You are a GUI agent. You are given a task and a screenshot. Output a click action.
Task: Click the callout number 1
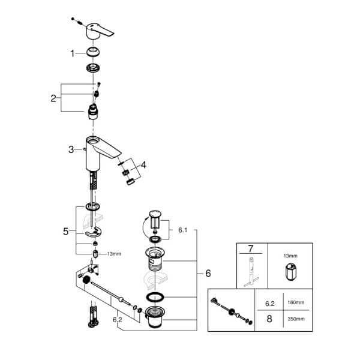pyautogui.click(x=73, y=53)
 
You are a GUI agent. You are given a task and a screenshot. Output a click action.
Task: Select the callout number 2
pyautogui.click(x=53, y=98)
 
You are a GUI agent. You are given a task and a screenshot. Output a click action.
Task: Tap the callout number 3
pyautogui.click(x=71, y=149)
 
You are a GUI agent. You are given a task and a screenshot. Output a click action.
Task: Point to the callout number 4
pyautogui.click(x=143, y=164)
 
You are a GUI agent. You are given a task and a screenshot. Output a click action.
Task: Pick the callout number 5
pyautogui.click(x=65, y=232)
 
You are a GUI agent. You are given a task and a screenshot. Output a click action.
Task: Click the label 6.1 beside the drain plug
pyautogui.click(x=183, y=230)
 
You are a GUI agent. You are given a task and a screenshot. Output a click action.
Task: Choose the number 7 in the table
pyautogui.click(x=250, y=249)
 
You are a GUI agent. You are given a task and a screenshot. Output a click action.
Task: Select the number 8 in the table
pyautogui.click(x=269, y=319)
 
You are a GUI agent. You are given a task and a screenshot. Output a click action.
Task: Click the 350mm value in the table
pyautogui.click(x=296, y=319)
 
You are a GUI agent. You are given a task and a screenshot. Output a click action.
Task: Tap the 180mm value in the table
pyautogui.click(x=296, y=302)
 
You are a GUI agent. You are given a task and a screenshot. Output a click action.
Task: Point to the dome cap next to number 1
pyautogui.click(x=93, y=52)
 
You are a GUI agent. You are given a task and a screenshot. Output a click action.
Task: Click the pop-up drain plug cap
pyautogui.click(x=155, y=213)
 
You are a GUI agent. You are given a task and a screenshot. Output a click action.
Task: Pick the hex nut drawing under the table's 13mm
pyautogui.click(x=290, y=272)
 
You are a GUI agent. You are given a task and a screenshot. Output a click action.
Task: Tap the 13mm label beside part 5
pyautogui.click(x=114, y=254)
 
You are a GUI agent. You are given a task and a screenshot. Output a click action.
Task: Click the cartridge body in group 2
pyautogui.click(x=93, y=112)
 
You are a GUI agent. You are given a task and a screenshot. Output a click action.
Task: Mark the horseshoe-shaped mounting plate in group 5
pyautogui.click(x=94, y=232)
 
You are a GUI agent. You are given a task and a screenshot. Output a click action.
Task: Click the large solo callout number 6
pyautogui.click(x=208, y=273)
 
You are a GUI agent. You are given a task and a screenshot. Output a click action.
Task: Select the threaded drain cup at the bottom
pyautogui.click(x=155, y=317)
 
